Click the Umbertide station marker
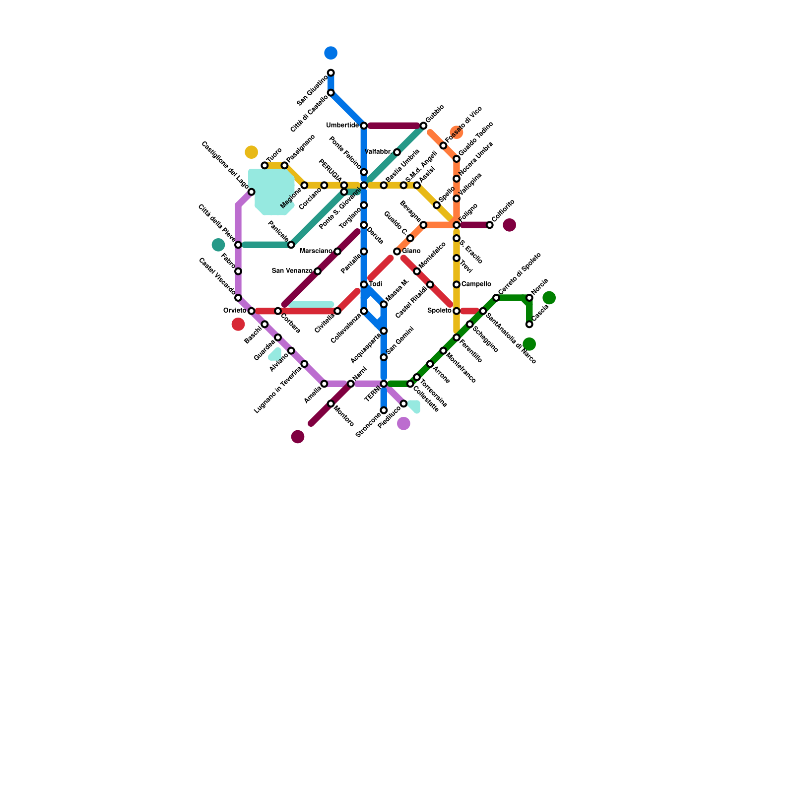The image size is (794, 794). point(364,126)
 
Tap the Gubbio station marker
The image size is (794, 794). point(423,126)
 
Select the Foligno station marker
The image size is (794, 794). point(457,225)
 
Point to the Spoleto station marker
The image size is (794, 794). point(457,311)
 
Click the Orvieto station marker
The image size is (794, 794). point(252,311)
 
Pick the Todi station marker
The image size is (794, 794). point(364,284)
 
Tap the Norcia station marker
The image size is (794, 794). point(529,298)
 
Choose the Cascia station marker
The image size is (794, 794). point(529,325)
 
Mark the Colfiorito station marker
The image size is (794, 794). point(490,225)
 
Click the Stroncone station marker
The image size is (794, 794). point(384,410)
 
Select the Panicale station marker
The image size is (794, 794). point(291,245)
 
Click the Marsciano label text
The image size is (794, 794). point(316,251)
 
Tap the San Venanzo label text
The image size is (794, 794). point(292,271)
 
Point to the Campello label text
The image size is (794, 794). point(476,284)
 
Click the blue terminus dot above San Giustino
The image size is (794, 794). point(331,53)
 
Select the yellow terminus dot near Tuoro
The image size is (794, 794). point(252,152)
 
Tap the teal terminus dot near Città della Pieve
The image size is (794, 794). point(218,245)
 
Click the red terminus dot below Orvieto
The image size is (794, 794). point(238,325)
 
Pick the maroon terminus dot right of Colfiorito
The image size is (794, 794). point(510,225)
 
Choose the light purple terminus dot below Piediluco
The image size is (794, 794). point(404,424)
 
